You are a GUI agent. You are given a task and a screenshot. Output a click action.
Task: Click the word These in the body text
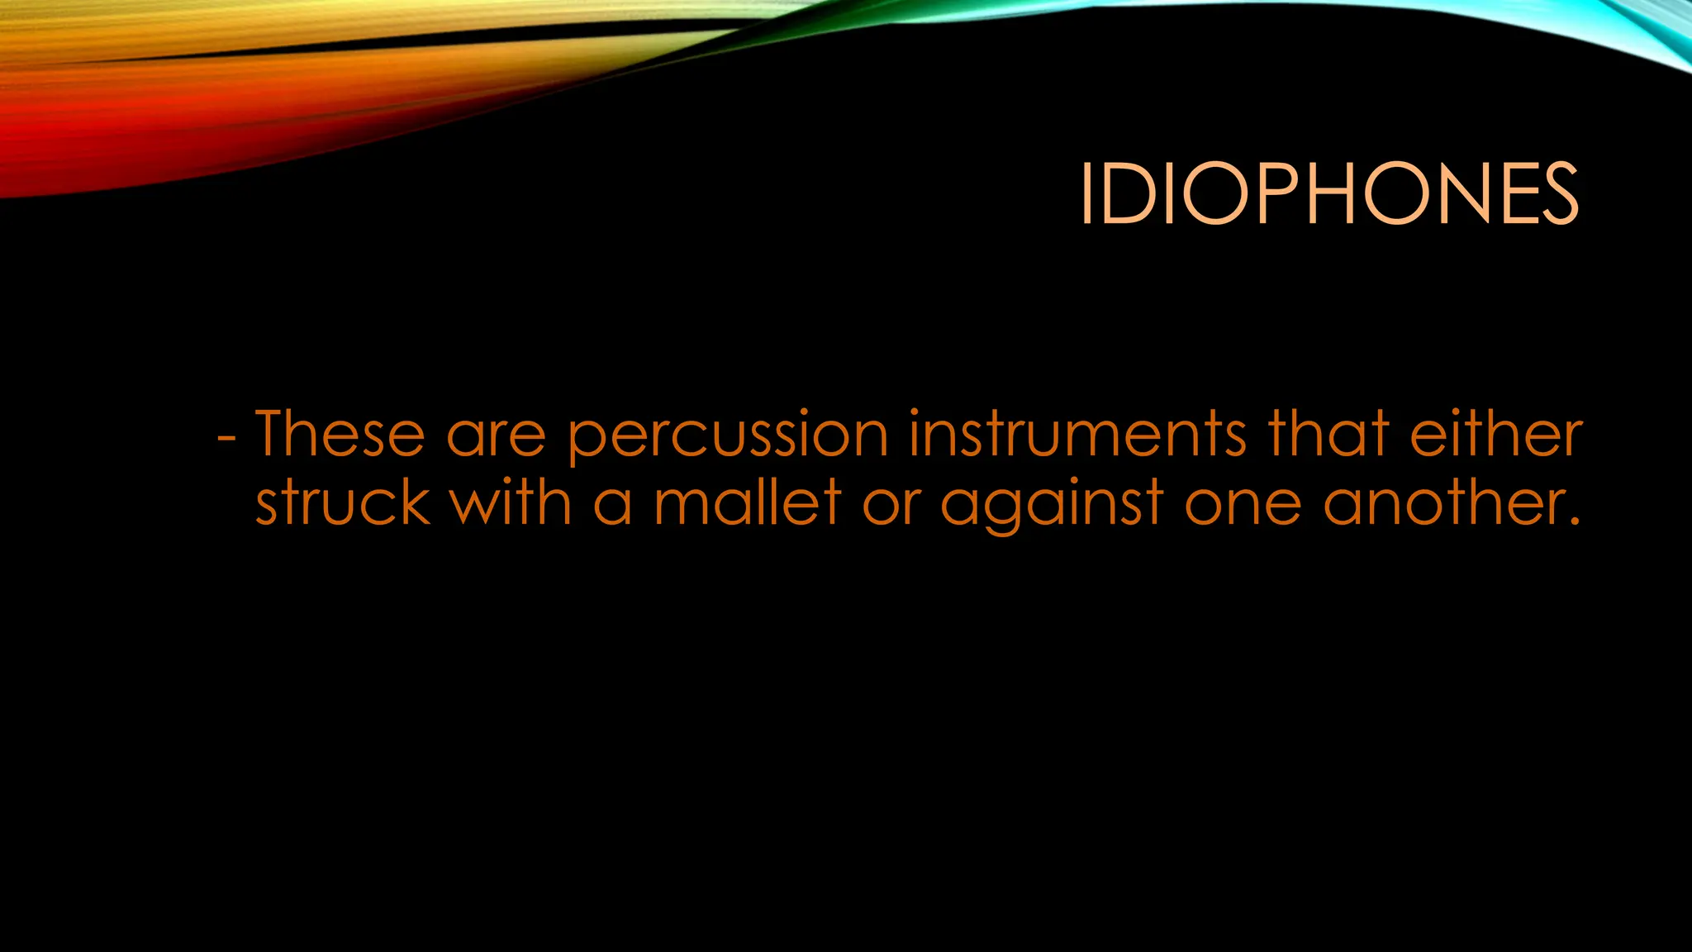pos(340,433)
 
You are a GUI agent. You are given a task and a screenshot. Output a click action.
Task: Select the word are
pos(496,436)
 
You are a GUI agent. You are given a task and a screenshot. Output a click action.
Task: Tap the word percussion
pos(728,436)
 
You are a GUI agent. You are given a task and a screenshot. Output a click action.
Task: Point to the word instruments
pos(1077,433)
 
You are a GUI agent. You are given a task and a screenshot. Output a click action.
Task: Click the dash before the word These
pos(226,438)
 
